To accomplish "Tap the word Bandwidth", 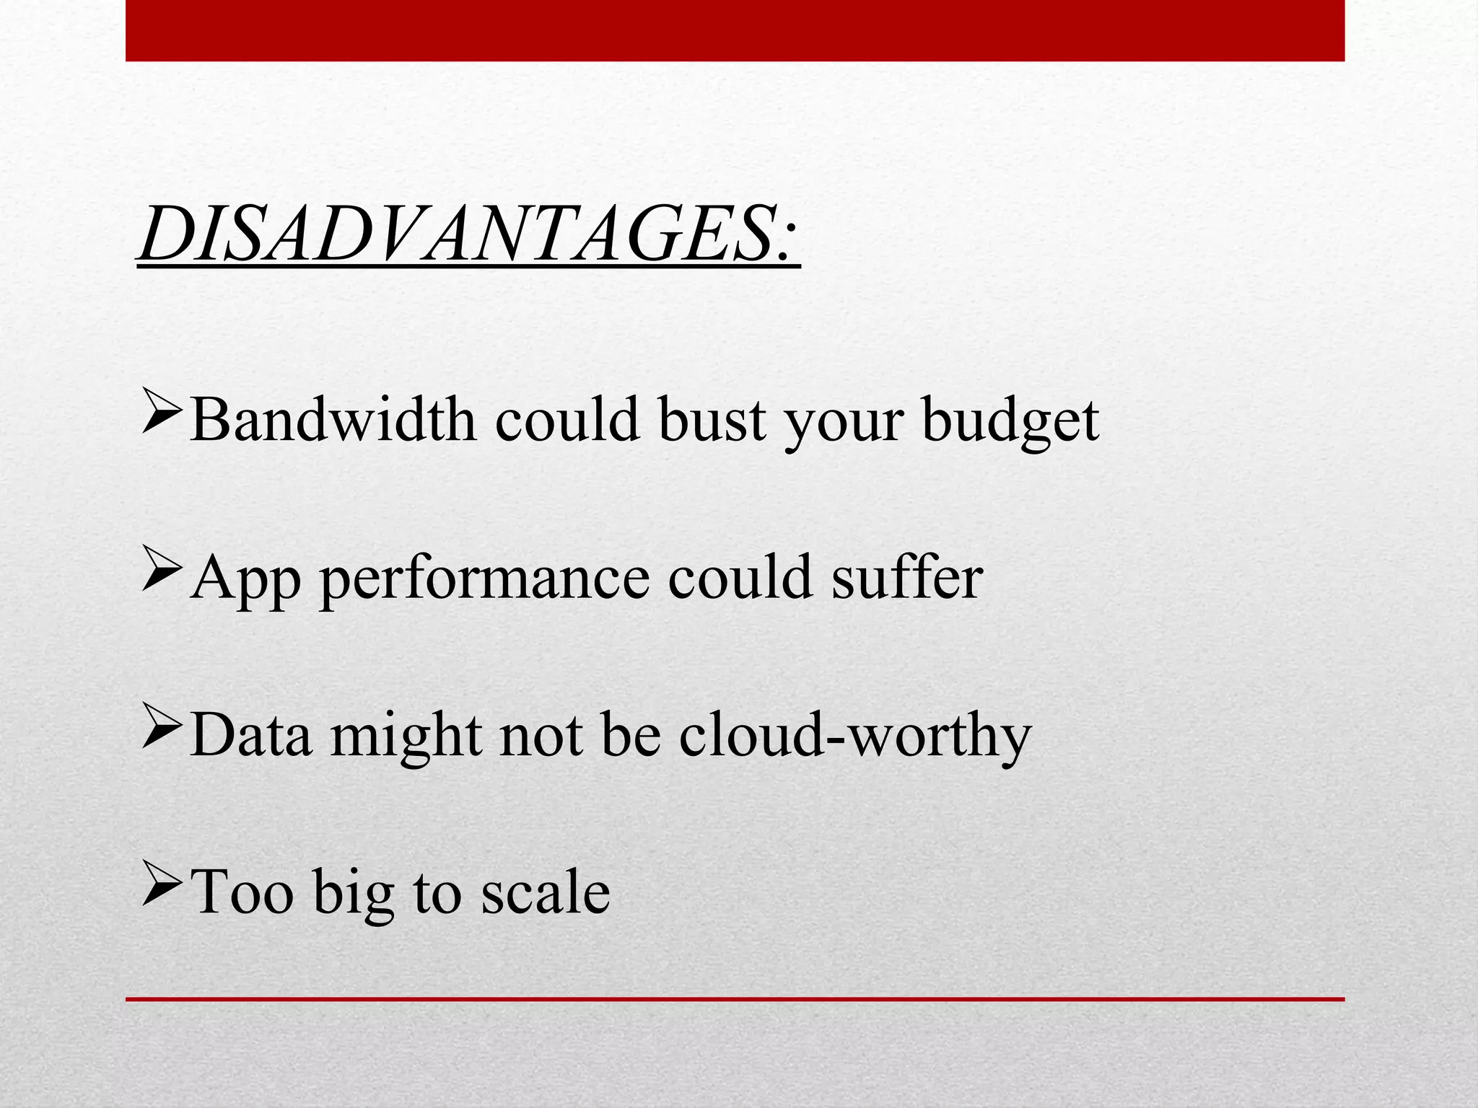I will (333, 420).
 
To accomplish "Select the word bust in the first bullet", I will (712, 420).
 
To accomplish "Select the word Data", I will (252, 736).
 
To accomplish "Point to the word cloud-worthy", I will (854, 736).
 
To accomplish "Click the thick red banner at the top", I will (735, 30).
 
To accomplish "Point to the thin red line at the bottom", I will (735, 999).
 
